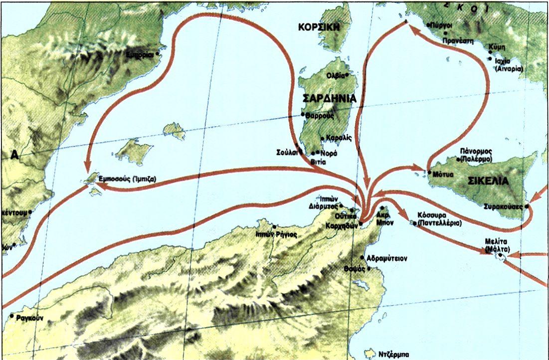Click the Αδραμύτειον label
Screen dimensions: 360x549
[387, 259]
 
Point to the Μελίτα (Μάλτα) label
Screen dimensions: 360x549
[504, 244]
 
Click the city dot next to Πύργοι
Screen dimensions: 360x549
[428, 24]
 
